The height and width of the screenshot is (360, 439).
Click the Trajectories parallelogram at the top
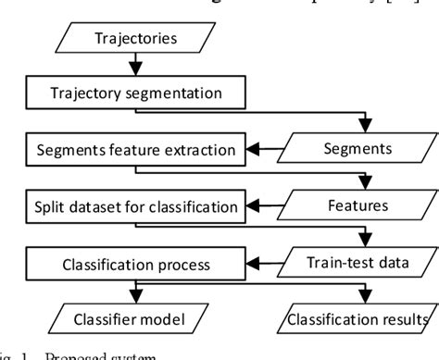(x=134, y=38)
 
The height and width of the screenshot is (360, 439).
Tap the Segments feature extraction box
(x=134, y=148)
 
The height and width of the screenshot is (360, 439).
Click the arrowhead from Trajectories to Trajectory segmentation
(x=136, y=71)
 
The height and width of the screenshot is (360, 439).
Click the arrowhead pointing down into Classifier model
(x=136, y=298)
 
